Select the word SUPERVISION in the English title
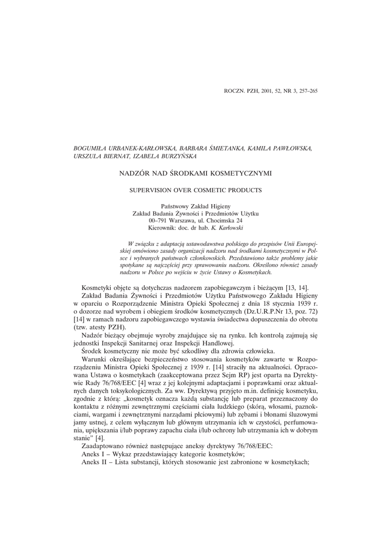(x=149, y=190)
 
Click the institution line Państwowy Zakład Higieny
(x=195, y=207)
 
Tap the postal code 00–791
(x=157, y=221)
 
